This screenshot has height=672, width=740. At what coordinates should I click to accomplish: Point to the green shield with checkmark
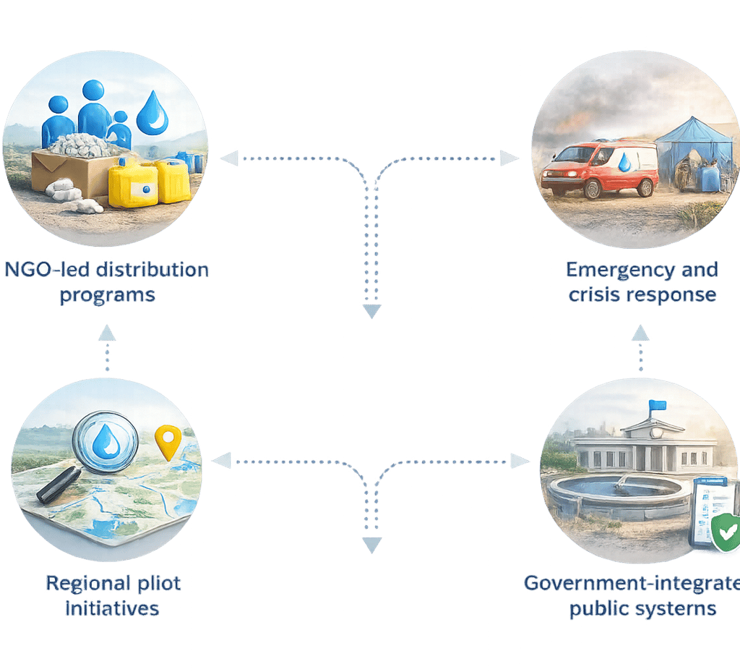click(x=725, y=533)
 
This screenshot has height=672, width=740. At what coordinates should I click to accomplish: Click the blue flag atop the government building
click(x=657, y=408)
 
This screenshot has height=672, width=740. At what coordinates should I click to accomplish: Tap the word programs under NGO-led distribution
click(x=107, y=295)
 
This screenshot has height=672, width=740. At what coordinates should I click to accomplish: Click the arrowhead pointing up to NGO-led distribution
click(x=107, y=332)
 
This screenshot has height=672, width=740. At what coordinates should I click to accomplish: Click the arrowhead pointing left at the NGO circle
click(x=229, y=158)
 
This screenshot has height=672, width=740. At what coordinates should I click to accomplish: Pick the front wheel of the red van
click(x=592, y=190)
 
